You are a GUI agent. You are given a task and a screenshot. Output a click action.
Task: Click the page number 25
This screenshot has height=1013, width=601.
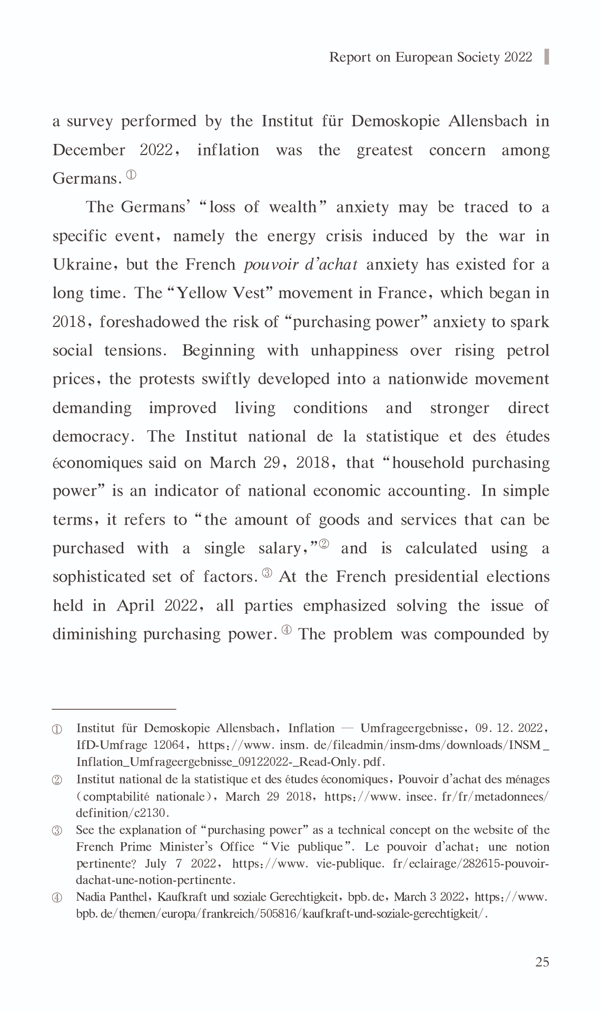(x=542, y=962)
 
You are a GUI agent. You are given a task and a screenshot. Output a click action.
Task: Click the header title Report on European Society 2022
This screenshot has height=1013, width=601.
(x=430, y=57)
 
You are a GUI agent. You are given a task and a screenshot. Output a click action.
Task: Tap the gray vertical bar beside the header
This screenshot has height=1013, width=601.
(x=546, y=56)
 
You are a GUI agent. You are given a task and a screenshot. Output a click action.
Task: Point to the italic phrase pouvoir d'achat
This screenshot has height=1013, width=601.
(x=301, y=264)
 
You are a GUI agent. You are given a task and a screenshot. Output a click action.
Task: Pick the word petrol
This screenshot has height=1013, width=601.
(x=528, y=350)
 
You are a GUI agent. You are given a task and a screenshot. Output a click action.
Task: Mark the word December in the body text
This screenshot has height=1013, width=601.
(x=88, y=150)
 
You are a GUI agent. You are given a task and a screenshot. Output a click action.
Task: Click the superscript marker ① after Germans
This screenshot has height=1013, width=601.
(x=131, y=175)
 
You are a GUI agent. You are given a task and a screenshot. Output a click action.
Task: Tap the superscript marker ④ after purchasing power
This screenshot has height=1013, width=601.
(x=287, y=630)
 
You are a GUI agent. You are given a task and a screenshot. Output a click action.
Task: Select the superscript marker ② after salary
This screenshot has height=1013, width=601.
(x=323, y=544)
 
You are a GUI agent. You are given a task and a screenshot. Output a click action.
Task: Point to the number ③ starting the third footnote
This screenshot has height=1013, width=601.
(x=57, y=831)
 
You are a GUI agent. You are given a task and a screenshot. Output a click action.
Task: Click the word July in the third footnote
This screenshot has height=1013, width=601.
(x=155, y=863)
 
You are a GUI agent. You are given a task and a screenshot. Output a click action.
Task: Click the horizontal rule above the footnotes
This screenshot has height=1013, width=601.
(x=114, y=709)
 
